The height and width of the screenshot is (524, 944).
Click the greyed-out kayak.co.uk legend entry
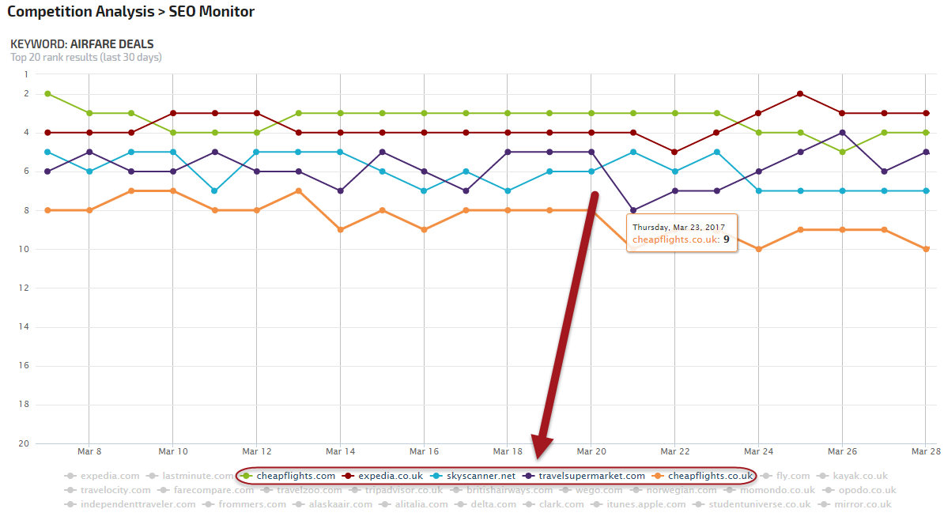[x=860, y=476]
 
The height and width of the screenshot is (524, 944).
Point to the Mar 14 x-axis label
[x=339, y=452]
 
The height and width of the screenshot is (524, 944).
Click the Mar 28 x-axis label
[x=925, y=452]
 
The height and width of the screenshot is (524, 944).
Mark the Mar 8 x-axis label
[x=89, y=452]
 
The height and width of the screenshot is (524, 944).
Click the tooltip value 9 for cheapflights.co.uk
[x=726, y=239]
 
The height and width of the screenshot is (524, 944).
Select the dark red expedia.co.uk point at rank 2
[x=800, y=94]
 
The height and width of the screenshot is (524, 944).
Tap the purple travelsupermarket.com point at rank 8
[x=633, y=210]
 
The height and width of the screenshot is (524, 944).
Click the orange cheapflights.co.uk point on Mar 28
[x=926, y=249]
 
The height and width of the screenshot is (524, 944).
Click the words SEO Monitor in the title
[x=212, y=12]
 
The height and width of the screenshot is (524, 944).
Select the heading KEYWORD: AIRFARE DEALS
[x=82, y=44]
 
